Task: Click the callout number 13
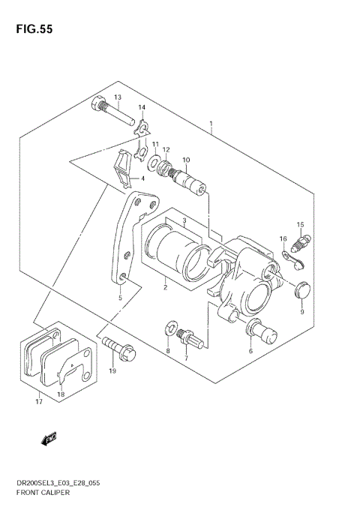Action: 117,98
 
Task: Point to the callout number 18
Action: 61,394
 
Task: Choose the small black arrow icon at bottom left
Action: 49,441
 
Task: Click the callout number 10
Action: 185,160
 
